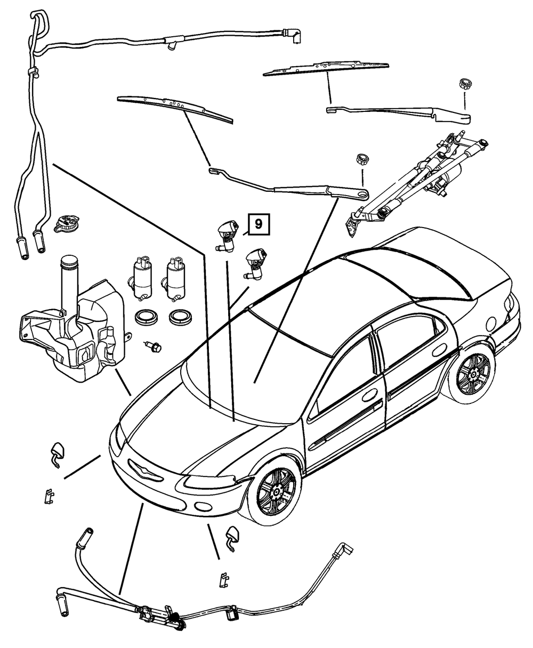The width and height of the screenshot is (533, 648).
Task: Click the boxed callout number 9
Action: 259,224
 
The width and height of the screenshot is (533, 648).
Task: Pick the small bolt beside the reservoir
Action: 154,347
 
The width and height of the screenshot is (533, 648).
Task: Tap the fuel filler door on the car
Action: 491,323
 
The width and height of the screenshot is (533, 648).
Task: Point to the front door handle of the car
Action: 370,395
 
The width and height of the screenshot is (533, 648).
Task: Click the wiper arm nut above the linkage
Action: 465,84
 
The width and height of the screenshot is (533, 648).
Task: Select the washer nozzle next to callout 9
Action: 228,236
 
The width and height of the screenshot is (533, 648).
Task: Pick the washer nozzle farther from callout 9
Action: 255,264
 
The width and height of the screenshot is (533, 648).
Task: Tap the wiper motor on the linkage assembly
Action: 449,176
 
